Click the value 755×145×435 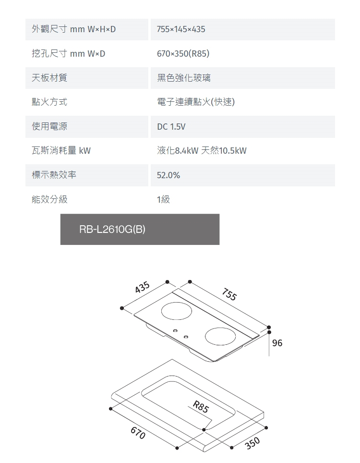(181, 29)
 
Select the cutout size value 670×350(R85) (183, 54)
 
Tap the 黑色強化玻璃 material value (183, 78)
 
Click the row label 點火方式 (49, 102)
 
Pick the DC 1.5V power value (171, 127)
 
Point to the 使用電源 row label (49, 126)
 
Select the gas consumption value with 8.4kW (202, 151)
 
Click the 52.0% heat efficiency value (168, 175)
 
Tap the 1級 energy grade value (163, 199)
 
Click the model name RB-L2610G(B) (112, 230)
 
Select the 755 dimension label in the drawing (229, 294)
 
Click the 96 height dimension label (277, 343)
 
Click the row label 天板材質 (49, 78)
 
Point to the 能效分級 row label (49, 199)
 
